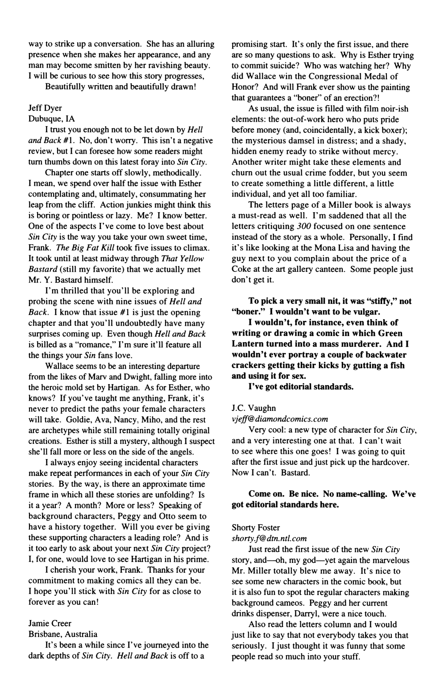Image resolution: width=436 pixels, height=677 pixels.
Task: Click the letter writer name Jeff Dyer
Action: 45,108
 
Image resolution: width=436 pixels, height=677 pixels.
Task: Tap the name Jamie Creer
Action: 50,623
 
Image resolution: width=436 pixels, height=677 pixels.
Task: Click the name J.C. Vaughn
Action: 254,408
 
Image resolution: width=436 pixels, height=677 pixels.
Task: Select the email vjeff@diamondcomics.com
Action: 280,419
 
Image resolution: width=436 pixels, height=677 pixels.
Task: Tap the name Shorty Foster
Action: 256,528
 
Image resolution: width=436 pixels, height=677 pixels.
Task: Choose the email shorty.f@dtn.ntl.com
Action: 269,538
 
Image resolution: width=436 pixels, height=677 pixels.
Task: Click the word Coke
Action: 241,269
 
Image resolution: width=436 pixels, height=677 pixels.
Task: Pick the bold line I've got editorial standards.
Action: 301,386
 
